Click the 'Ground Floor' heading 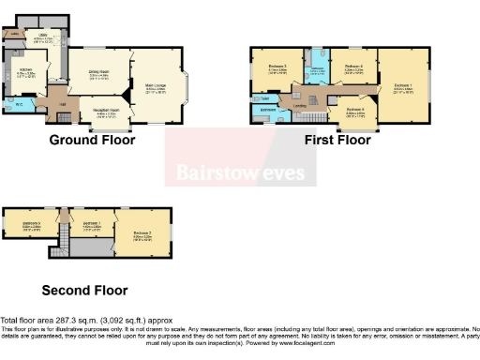(92, 141)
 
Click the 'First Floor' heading (337, 141)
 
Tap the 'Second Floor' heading (85, 291)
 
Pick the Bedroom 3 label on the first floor (277, 67)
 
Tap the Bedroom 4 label (354, 67)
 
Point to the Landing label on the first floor (300, 105)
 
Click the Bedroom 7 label (91, 224)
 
